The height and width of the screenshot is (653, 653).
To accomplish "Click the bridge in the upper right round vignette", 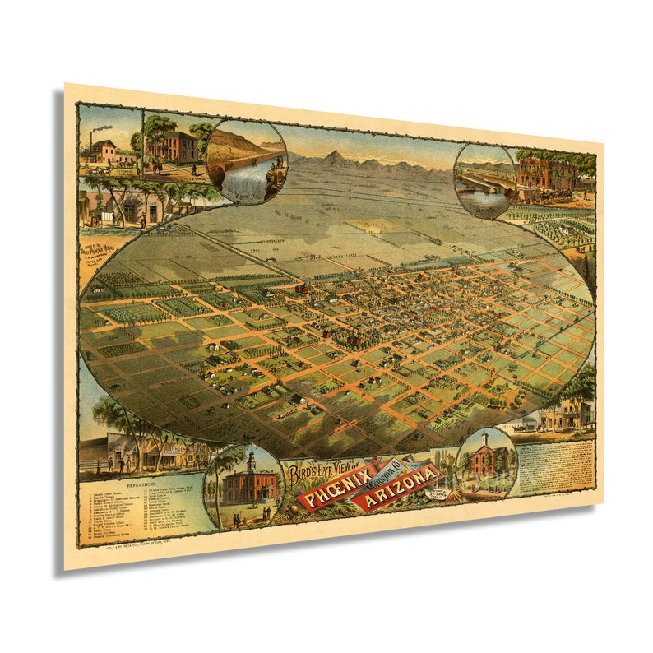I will click(481, 181).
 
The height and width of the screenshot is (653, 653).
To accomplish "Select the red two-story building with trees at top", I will click(173, 146).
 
